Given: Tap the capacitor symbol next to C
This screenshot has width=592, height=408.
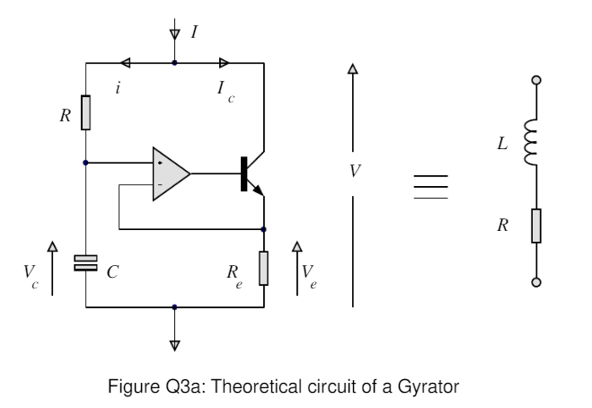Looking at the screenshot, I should click(x=85, y=262).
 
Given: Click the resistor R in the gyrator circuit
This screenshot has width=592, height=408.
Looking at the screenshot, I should click(x=85, y=112).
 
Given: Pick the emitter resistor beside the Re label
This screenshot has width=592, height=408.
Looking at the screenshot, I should click(x=264, y=269).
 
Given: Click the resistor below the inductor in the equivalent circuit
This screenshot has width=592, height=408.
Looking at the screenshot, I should click(x=536, y=226).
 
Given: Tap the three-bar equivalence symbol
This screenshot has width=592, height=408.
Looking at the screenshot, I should click(x=430, y=185).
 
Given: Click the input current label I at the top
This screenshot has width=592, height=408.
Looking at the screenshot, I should click(x=194, y=32).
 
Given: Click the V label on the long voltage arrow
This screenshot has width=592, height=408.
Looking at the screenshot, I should click(x=355, y=170).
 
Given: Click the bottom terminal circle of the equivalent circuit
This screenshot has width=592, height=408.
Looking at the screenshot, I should click(x=536, y=283).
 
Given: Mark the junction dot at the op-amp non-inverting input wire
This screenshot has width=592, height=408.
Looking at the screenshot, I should click(x=85, y=163).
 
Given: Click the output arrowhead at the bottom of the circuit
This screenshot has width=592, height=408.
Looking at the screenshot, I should click(x=174, y=343).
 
